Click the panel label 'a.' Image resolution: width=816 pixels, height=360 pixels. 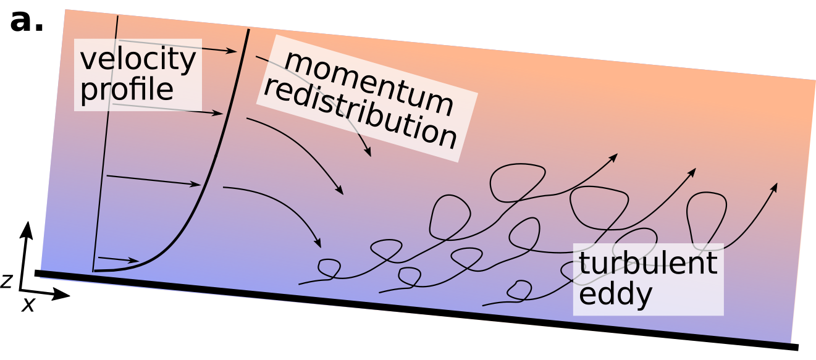[x=27, y=21]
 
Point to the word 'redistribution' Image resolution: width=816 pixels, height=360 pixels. [x=360, y=114]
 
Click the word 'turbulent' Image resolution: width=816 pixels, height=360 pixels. [x=648, y=263]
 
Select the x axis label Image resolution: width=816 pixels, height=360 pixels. [x=28, y=304]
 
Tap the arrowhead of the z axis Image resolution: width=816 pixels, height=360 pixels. [x=26, y=229]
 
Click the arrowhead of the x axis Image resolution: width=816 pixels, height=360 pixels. [x=61, y=294]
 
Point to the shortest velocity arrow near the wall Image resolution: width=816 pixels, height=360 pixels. [x=119, y=259]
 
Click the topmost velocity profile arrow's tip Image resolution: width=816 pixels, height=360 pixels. [x=237, y=51]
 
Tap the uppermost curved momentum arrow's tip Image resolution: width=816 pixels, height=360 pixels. [x=371, y=156]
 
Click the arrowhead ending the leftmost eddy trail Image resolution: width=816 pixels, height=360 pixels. [x=616, y=154]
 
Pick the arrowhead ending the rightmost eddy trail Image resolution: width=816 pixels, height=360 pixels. [x=776, y=184]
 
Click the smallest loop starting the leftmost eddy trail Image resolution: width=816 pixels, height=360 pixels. [x=329, y=269]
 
